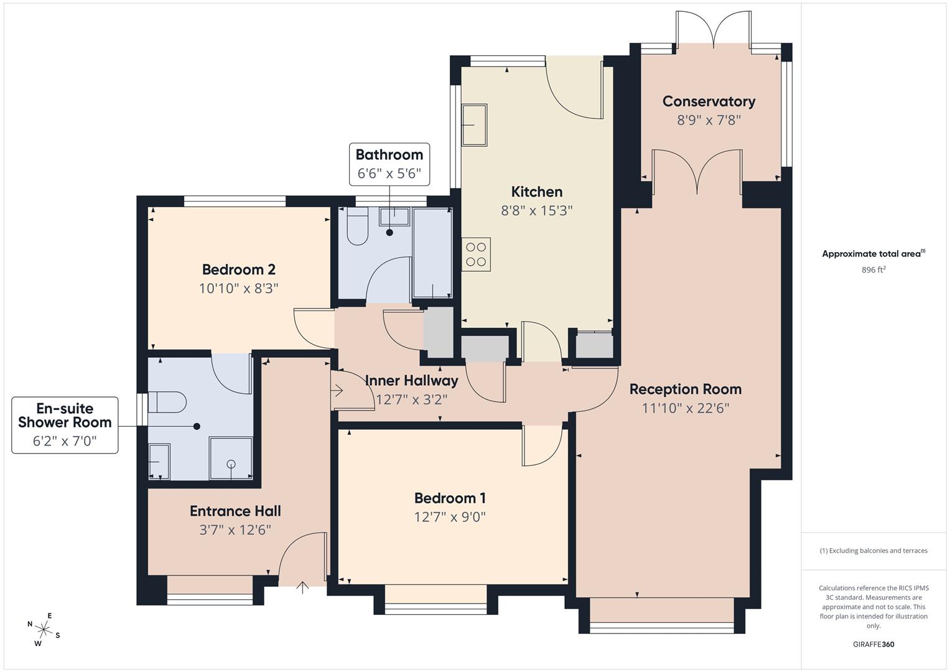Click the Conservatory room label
pyautogui.click(x=709, y=101)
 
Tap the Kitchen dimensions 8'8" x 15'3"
pyautogui.click(x=536, y=210)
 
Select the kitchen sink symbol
pyautogui.click(x=474, y=124)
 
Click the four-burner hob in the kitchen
pyautogui.click(x=476, y=254)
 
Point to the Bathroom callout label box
pyautogui.click(x=389, y=164)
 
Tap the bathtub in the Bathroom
pyautogui.click(x=432, y=253)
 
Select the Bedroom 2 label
pyautogui.click(x=238, y=269)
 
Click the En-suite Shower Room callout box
pyautogui.click(x=65, y=425)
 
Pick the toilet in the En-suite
pyautogui.click(x=167, y=402)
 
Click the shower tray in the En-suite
pyautogui.click(x=231, y=459)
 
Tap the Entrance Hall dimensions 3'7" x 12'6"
pyautogui.click(x=235, y=530)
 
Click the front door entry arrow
pyautogui.click(x=302, y=587)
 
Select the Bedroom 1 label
pyautogui.click(x=450, y=498)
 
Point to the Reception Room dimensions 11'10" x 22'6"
pyautogui.click(x=686, y=408)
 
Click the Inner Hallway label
pyautogui.click(x=411, y=380)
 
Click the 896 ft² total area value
pyautogui.click(x=873, y=270)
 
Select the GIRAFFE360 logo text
pyautogui.click(x=873, y=644)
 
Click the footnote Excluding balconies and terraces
pyautogui.click(x=873, y=551)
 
